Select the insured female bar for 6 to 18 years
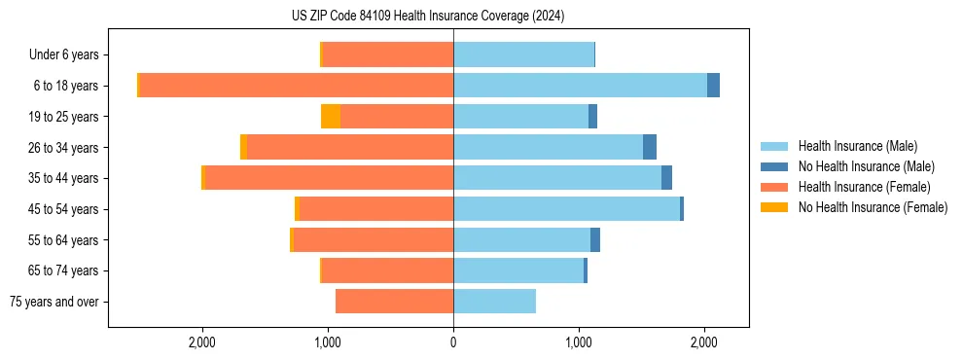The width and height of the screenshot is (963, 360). click(x=297, y=86)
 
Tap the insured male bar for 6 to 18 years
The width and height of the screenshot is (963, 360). click(x=580, y=86)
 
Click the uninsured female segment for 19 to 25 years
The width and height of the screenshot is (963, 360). click(x=331, y=117)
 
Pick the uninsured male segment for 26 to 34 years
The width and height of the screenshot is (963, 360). click(x=650, y=147)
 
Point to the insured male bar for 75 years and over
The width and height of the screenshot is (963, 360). click(x=494, y=302)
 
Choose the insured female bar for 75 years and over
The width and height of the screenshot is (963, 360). click(x=394, y=302)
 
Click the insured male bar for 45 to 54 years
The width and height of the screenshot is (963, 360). click(x=566, y=209)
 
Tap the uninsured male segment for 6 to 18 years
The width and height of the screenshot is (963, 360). click(x=713, y=86)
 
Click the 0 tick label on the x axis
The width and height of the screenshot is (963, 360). click(x=453, y=342)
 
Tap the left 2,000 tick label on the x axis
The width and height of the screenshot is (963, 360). click(x=202, y=342)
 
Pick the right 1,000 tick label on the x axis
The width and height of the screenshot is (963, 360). click(x=579, y=342)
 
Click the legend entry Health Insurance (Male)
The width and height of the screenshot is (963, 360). click(x=857, y=146)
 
